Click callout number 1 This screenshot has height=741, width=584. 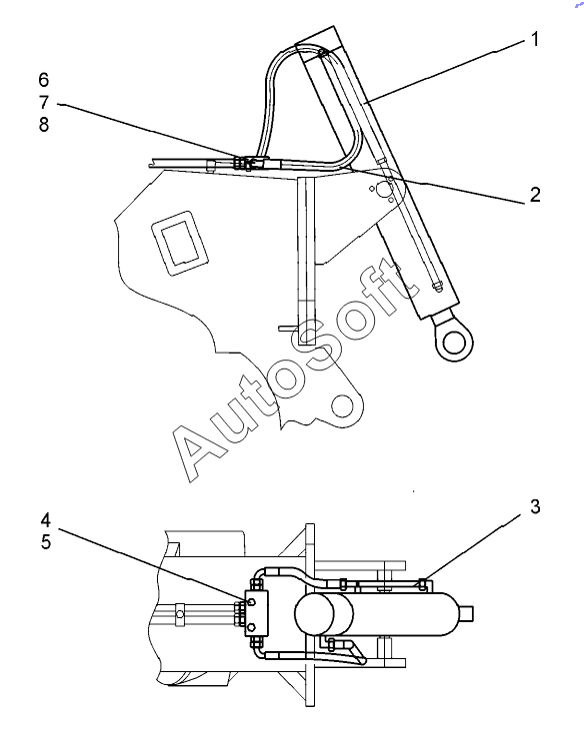point(535,39)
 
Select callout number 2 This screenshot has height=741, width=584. point(535,194)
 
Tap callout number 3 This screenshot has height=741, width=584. point(535,506)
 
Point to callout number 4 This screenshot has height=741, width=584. point(45,520)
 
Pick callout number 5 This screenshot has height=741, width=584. point(45,542)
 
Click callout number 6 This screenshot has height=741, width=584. point(44,80)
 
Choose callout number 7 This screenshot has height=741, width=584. point(44,102)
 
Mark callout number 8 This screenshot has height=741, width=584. point(44,125)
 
